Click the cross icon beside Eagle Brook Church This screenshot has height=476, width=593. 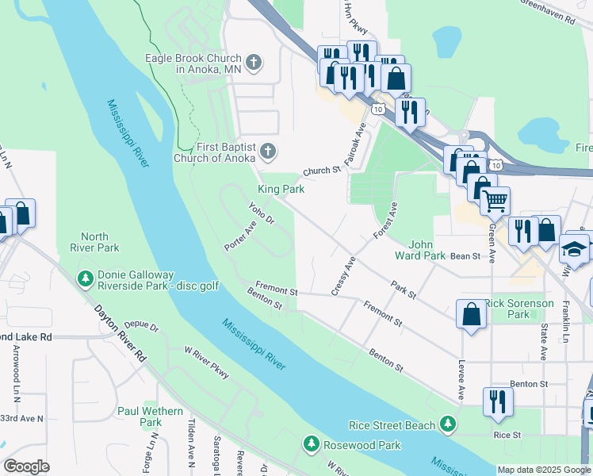[254, 63]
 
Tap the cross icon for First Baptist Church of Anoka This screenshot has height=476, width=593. [269, 151]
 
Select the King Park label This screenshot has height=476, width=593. [281, 189]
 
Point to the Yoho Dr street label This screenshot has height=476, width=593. [261, 213]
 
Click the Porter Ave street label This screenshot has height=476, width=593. [241, 236]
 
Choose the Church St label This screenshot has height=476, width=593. [321, 170]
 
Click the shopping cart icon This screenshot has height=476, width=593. [495, 202]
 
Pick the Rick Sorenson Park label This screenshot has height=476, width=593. [518, 309]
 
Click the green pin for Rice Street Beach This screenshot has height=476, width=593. [450, 425]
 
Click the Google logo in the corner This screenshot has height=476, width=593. [26, 466]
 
